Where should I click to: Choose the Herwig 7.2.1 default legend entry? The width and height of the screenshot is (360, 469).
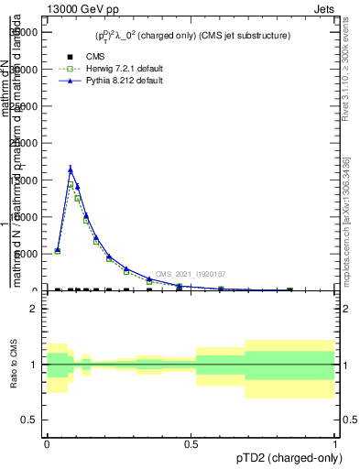coord(110,69)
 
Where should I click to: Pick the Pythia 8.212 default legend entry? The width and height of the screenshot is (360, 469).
coord(109,81)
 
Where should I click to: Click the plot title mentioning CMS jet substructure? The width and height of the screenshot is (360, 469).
coord(192,36)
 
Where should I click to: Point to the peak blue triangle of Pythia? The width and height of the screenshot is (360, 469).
coord(71,169)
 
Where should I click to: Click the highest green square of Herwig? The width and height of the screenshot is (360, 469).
coord(71,185)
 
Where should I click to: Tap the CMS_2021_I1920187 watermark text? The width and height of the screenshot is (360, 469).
coord(191,274)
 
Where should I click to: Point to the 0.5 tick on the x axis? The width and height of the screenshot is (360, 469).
coord(191,444)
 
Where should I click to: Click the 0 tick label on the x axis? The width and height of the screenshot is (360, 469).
coord(47,444)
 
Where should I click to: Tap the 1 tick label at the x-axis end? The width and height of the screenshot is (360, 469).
coord(334,444)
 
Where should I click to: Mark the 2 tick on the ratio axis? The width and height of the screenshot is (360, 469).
coord(35,309)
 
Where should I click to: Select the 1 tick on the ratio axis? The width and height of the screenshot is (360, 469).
coord(35,365)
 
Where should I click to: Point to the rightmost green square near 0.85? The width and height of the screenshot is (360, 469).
coord(290,289)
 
